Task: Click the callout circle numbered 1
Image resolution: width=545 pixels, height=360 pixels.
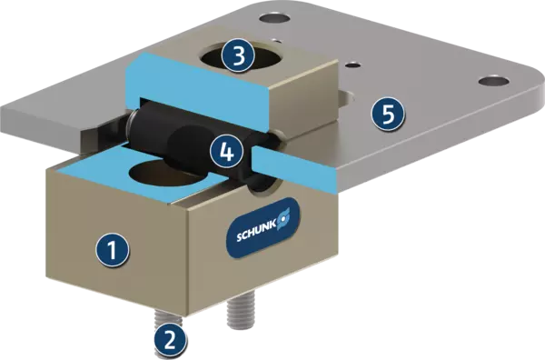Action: pos(113,249)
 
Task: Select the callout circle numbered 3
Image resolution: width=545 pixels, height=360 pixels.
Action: pos(238,55)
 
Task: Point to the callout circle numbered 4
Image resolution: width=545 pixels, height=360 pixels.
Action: pos(226,151)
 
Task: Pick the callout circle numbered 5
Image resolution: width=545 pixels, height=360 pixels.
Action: pos(388,113)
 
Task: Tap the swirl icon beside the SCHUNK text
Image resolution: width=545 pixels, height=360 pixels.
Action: pos(283,218)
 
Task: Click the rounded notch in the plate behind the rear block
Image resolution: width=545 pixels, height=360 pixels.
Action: pos(347,99)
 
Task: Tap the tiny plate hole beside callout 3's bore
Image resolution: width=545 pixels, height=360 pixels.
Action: pos(277,41)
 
